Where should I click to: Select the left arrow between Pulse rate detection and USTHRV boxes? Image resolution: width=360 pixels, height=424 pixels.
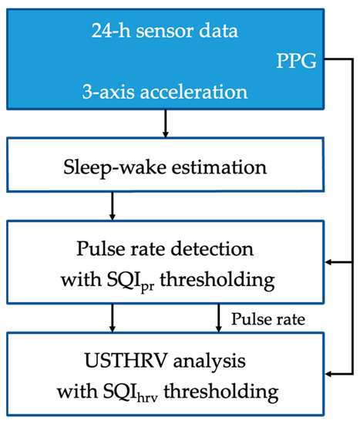tap(113, 316)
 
